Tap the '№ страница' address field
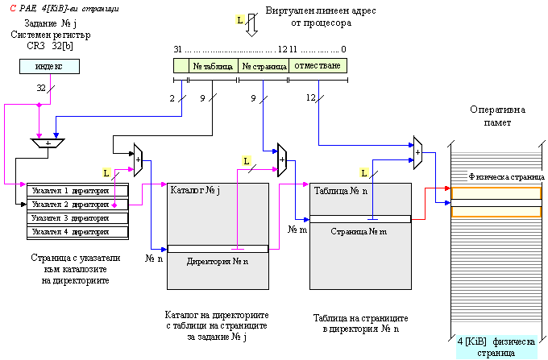tap(264, 65)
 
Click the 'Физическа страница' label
tap(507, 176)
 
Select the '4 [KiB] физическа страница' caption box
tap(496, 347)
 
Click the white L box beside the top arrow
tap(240, 18)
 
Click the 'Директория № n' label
tap(218, 261)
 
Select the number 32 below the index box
tap(41, 87)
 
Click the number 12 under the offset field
tap(311, 97)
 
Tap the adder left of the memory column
tap(418, 151)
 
